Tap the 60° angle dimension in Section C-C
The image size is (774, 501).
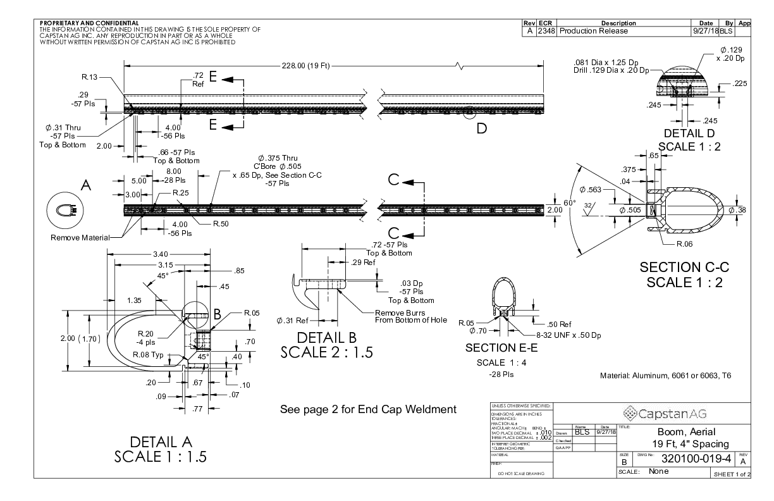click(x=571, y=202)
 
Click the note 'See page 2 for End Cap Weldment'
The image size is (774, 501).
click(x=367, y=409)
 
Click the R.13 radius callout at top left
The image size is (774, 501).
click(x=89, y=77)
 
